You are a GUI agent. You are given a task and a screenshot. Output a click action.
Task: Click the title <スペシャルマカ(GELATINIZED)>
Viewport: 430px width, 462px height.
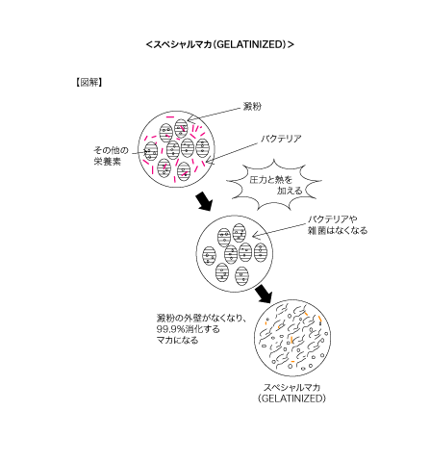pos(220,44)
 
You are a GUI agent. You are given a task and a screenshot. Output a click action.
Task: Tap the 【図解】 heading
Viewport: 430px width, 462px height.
pos(89,83)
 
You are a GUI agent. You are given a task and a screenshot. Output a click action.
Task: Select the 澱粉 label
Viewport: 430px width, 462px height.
pos(252,106)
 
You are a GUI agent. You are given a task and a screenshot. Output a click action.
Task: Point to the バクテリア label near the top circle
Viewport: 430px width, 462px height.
pos(281,139)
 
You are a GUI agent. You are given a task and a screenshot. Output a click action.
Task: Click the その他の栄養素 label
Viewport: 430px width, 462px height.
pos(111,156)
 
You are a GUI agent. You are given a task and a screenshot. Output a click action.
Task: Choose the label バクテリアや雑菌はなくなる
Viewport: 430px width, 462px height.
pos(338,225)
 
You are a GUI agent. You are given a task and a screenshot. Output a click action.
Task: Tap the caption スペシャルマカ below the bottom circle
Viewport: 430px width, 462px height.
pos(291,388)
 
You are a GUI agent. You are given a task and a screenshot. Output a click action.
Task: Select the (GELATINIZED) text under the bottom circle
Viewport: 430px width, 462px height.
pos(291,398)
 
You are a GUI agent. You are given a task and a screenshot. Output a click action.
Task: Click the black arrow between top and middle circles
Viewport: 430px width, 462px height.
pos(204,201)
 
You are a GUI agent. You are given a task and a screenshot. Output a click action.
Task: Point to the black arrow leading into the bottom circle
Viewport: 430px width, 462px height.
pos(264,294)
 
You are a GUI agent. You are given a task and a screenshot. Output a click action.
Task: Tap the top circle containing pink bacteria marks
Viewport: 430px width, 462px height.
pos(139,149)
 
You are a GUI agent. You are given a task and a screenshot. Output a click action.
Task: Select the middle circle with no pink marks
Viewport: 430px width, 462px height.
pos(196,253)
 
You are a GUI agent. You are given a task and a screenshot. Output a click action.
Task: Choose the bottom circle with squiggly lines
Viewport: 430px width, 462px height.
pos(254,338)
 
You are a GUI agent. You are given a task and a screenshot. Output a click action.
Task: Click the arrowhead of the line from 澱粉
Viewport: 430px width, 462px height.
pos(189,120)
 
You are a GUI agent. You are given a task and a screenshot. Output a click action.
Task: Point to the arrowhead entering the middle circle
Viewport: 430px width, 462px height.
pos(254,237)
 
